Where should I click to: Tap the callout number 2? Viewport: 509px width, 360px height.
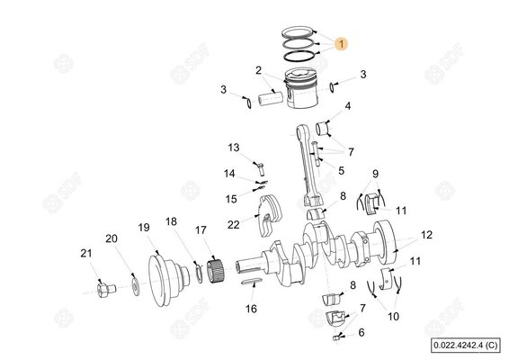point(258,70)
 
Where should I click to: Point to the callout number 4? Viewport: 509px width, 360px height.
point(348,107)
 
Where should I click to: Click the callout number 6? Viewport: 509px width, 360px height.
point(362,332)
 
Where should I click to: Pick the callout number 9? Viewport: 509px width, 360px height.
point(375,174)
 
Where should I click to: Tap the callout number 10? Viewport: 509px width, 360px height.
point(392,316)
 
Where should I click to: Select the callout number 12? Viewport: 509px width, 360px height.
point(426,235)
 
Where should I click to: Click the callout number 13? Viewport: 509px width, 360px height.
point(233,148)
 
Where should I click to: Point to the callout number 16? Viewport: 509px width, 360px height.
point(252,308)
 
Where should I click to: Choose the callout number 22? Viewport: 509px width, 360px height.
point(233,224)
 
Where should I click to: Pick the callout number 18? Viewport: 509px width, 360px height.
point(171,220)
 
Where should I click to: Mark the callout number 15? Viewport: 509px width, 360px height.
point(231,198)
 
